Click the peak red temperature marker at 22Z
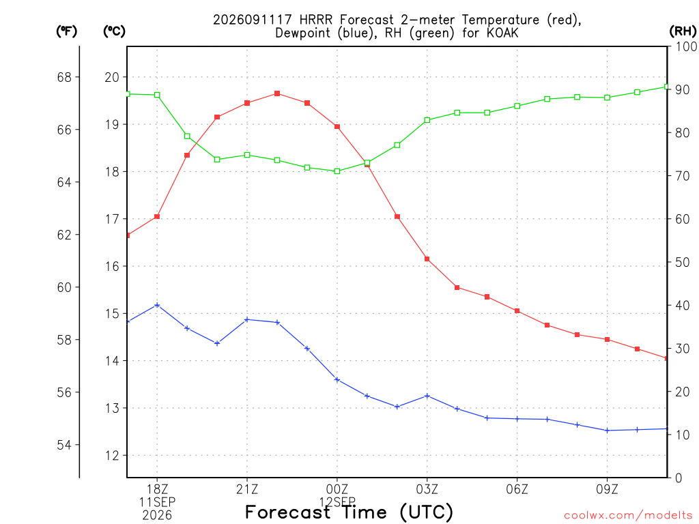(x=277, y=93)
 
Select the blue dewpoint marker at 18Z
(x=157, y=305)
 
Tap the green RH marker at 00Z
(x=337, y=171)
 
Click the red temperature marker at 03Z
(x=427, y=259)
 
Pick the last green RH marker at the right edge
(x=666, y=87)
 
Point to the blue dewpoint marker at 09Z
(x=607, y=431)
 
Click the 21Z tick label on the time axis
(x=247, y=489)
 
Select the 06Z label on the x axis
(x=517, y=489)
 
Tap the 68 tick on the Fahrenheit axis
(x=64, y=77)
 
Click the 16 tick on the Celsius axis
(x=112, y=266)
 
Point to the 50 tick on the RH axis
(x=681, y=262)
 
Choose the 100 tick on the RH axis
(x=685, y=46)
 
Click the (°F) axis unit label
(x=66, y=31)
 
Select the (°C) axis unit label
(x=114, y=31)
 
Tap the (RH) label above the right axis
(x=683, y=31)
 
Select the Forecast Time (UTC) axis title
(x=349, y=512)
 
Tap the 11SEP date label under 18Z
(x=157, y=502)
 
